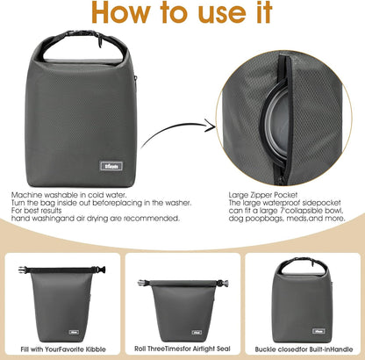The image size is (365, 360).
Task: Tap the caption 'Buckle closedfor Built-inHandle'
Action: (304, 349)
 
